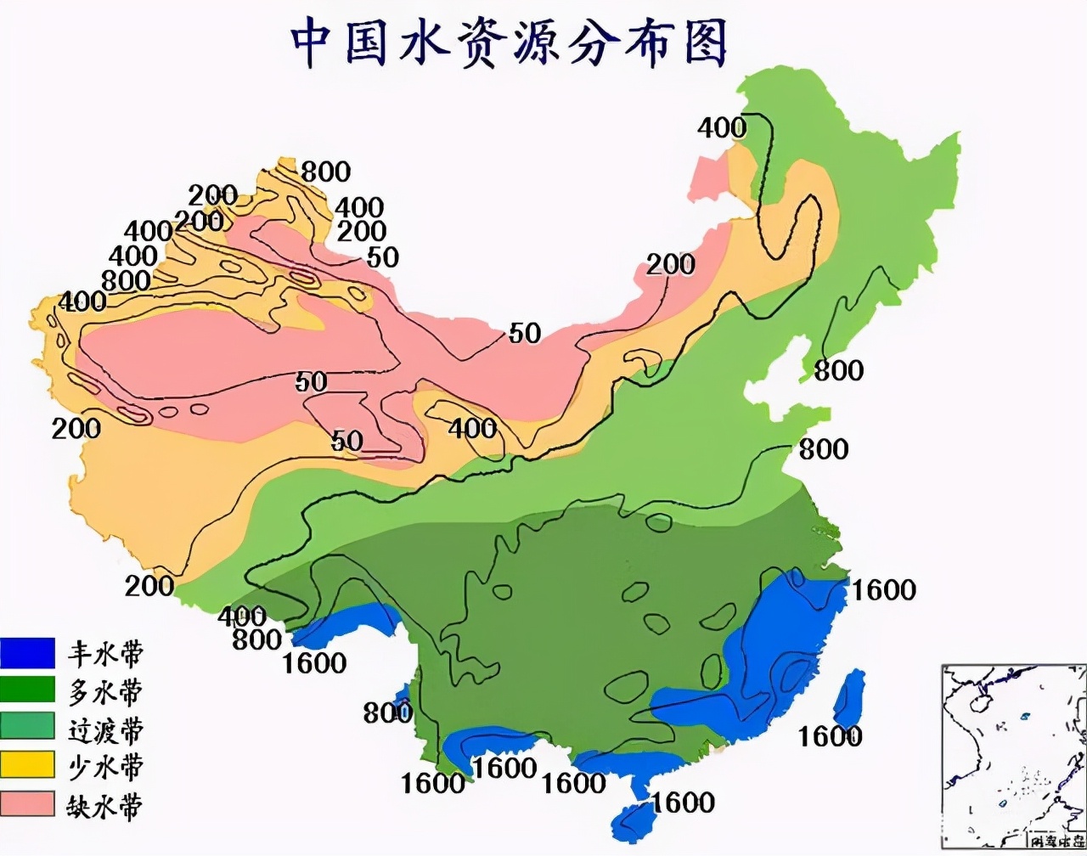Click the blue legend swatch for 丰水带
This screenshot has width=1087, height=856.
(27, 653)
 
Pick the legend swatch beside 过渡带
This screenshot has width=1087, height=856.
(27, 728)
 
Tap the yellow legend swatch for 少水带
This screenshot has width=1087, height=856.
(27, 765)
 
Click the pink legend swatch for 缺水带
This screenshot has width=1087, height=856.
(27, 802)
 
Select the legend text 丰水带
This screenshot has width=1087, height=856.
(105, 653)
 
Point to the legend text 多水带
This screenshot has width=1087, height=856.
(105, 690)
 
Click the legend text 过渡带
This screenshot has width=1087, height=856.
(105, 729)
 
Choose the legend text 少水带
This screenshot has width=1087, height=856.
(105, 766)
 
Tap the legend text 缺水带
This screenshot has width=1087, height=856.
(105, 804)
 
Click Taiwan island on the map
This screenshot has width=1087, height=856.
(849, 696)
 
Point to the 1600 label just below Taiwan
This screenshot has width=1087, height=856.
(830, 735)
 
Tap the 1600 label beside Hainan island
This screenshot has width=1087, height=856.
(684, 802)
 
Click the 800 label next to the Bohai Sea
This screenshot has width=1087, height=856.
(838, 370)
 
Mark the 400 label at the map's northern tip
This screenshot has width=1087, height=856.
(722, 128)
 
